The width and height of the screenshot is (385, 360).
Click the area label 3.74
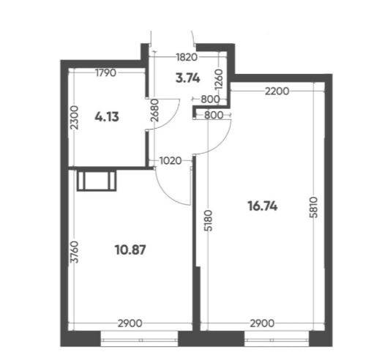(188, 78)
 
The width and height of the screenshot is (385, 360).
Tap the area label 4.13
(107, 116)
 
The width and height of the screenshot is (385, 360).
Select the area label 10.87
(130, 250)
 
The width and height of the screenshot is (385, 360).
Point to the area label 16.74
(263, 206)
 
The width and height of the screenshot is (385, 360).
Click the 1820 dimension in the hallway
(187, 57)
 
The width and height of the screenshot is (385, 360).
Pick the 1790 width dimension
(105, 72)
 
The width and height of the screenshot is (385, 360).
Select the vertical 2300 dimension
(74, 118)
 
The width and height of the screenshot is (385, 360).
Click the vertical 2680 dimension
(155, 110)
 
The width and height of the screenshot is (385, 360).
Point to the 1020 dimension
(171, 161)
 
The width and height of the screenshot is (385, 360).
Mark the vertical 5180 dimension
(209, 220)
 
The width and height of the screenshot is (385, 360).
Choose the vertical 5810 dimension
(314, 207)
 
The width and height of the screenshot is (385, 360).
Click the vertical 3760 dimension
(74, 252)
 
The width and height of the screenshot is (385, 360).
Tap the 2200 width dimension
(277, 91)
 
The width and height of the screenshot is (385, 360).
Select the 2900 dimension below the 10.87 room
(130, 323)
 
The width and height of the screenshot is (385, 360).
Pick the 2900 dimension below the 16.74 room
(262, 323)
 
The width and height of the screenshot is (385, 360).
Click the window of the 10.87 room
(139, 339)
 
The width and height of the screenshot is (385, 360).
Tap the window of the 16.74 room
(277, 339)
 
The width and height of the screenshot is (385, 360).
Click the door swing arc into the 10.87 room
(167, 194)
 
